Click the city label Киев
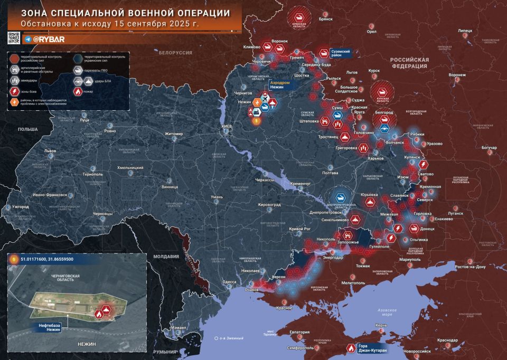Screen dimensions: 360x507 (227, 127)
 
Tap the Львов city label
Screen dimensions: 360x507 (50, 150)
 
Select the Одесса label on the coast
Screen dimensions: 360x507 (229, 282)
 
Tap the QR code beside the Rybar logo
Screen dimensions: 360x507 (14, 37)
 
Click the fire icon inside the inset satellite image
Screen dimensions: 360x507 (99, 314)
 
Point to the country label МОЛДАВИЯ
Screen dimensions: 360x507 (166, 257)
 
